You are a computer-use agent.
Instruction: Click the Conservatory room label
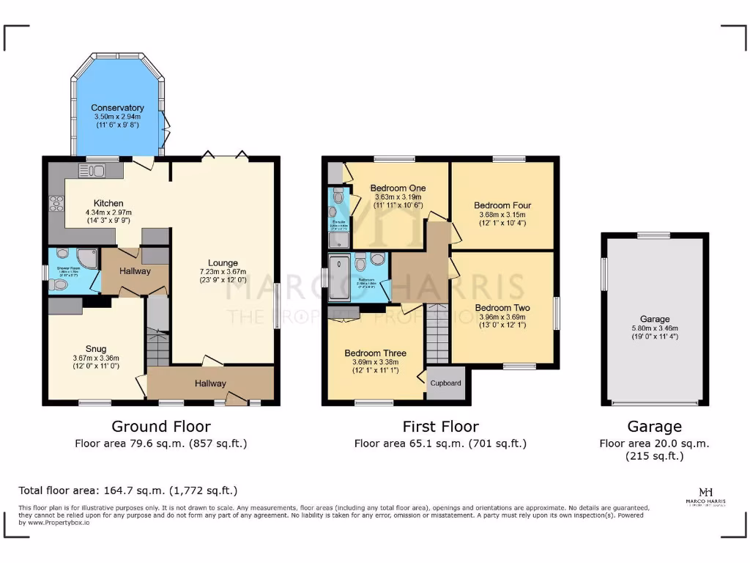click(x=117, y=108)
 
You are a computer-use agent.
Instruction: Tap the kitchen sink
click(x=92, y=171)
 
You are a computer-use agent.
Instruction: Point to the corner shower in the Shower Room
click(x=87, y=257)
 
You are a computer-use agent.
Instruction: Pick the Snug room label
click(x=96, y=348)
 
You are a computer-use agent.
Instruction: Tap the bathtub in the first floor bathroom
click(x=340, y=278)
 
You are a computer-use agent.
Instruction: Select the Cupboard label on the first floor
click(x=445, y=383)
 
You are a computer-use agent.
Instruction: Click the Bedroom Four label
click(x=502, y=205)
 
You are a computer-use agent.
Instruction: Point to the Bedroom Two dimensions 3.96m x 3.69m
click(x=502, y=317)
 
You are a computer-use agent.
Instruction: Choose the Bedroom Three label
click(x=375, y=353)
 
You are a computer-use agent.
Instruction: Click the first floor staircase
click(x=437, y=334)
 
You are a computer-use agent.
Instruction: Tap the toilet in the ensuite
click(x=338, y=196)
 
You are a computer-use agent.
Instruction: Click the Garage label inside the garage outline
click(x=655, y=319)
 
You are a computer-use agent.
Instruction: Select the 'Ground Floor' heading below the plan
click(x=161, y=427)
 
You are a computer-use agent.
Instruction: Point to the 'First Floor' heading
click(x=440, y=427)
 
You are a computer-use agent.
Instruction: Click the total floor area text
click(x=127, y=490)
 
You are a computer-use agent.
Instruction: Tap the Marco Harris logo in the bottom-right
click(x=706, y=495)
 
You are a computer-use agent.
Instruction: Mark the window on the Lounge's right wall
click(x=276, y=306)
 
